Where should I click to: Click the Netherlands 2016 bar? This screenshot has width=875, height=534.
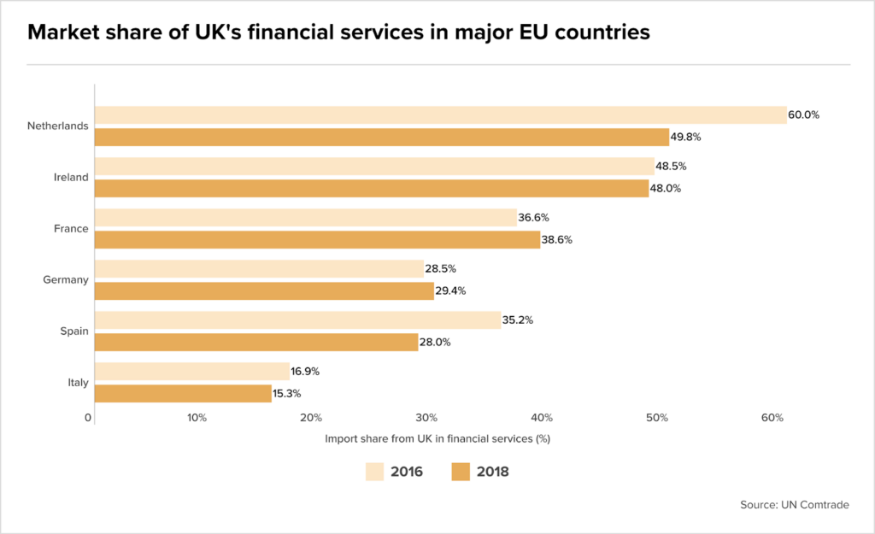tap(440, 115)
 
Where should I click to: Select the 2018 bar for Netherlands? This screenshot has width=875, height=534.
tap(381, 137)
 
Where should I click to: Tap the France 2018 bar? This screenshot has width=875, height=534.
tap(317, 240)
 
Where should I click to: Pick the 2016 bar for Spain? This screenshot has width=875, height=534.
tap(297, 320)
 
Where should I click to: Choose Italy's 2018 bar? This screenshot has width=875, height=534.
tap(183, 394)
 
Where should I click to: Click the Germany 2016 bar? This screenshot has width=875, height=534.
tap(259, 269)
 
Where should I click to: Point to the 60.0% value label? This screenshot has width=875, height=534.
tap(804, 114)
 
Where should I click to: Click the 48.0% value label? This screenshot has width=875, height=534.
tap(666, 188)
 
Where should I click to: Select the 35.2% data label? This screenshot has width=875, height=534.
tap(518, 320)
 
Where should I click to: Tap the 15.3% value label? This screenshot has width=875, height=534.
tap(286, 394)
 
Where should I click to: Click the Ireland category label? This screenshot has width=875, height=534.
tap(72, 178)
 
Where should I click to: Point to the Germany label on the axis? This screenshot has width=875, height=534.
tap(66, 280)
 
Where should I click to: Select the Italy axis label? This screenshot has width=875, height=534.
tap(78, 383)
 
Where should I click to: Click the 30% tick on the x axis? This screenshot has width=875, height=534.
tap(426, 418)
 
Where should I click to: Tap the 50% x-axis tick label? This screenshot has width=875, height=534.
tap(657, 418)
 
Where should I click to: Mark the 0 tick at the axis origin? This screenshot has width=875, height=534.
tap(88, 418)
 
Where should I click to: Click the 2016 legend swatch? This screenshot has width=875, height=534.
tap(374, 472)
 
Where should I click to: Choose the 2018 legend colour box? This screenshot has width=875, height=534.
tap(461, 472)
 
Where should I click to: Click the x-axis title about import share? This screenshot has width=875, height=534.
tap(437, 439)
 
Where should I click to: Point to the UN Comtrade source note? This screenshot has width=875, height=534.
tap(795, 505)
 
